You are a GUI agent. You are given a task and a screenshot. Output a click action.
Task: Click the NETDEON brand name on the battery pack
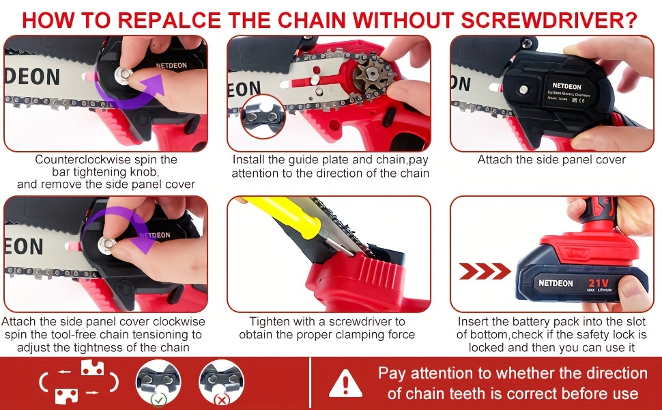(556, 283)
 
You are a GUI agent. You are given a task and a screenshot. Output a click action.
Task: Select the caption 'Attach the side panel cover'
(551, 160)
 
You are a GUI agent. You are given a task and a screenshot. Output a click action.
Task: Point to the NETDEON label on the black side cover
(544, 87)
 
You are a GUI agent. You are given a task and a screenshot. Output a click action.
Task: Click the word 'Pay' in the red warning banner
(392, 373)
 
